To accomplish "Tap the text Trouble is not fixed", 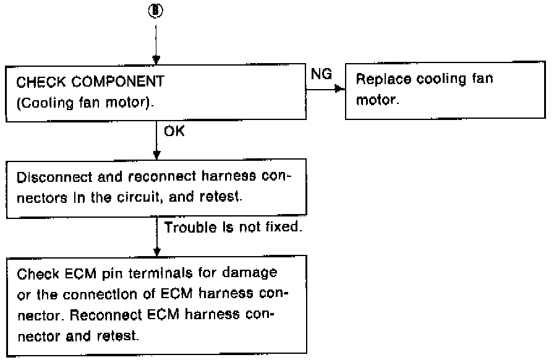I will tap(232, 228).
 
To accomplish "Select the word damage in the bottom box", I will tap(252, 273).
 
